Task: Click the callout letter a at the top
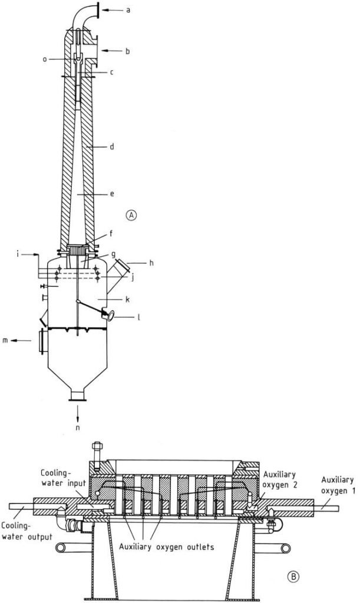tap(128, 9)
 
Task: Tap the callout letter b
tap(128, 51)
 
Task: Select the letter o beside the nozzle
tap(45, 59)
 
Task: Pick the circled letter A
tap(132, 215)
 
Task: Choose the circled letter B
tap(293, 576)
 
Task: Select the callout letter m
tap(5, 340)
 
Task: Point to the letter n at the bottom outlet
tap(77, 428)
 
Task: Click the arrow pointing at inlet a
tap(111, 10)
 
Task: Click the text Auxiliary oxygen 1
tap(337, 485)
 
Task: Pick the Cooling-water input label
tap(62, 478)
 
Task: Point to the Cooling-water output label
tap(27, 531)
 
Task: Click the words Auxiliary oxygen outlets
tap(166, 546)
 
